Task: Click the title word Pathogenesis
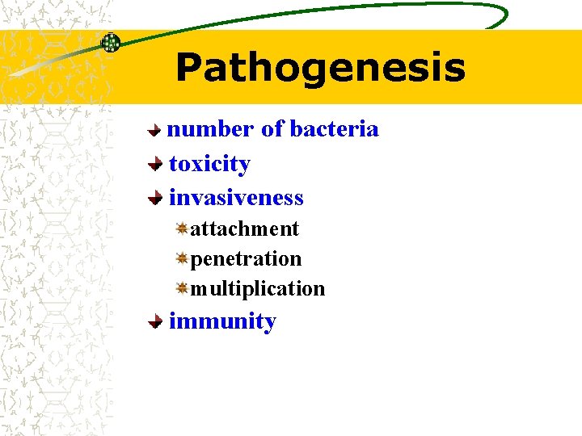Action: (x=320, y=68)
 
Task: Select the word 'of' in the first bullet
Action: (x=272, y=129)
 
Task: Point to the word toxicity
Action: (x=209, y=164)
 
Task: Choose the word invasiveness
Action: (x=236, y=198)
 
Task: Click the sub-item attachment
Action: (x=244, y=229)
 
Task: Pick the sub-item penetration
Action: (x=246, y=259)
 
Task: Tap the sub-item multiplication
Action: (x=257, y=288)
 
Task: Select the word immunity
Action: (x=222, y=321)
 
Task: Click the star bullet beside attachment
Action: (x=183, y=229)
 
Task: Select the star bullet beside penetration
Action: (x=183, y=258)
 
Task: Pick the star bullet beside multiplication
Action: (x=183, y=287)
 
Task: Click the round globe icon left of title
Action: (x=110, y=43)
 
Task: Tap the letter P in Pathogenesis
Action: (x=188, y=68)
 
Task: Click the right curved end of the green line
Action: (x=503, y=16)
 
